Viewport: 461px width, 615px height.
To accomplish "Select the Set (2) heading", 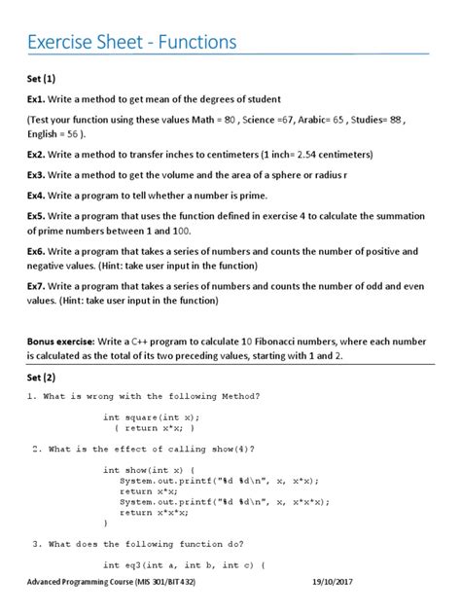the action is tap(42, 377).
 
